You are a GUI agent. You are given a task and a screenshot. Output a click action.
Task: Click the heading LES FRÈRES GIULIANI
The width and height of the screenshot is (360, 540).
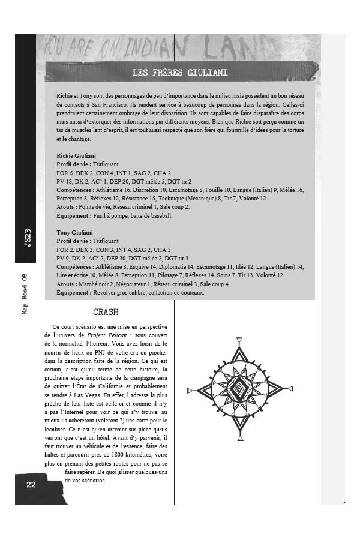tap(180, 73)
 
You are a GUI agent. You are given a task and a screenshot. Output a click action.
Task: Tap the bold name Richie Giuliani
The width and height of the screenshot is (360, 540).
tap(76, 155)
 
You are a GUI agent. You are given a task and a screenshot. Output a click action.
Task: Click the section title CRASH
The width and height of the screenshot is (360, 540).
tap(106, 312)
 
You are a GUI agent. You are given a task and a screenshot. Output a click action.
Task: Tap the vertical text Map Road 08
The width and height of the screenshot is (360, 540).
tap(25, 292)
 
